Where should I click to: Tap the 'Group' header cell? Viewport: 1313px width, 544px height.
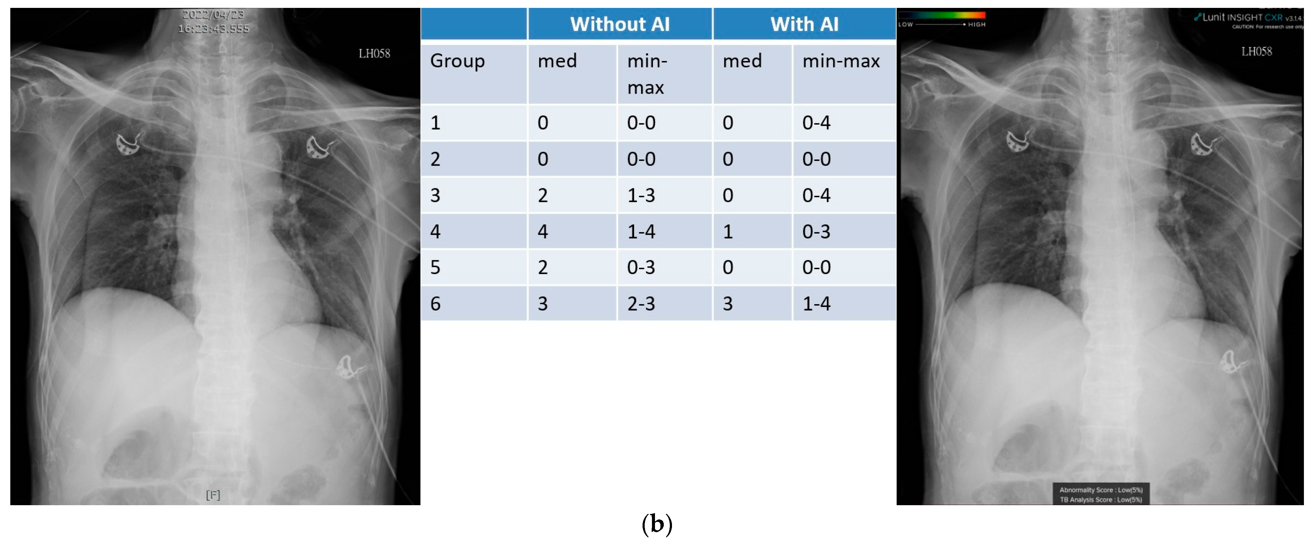(457, 61)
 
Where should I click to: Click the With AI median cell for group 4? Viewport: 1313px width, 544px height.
(727, 231)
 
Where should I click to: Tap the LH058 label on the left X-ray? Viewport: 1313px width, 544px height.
(374, 54)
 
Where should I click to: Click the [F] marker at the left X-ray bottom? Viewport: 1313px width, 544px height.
(213, 495)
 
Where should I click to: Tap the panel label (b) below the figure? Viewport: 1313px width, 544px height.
(656, 524)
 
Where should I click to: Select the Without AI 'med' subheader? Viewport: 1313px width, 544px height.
(557, 61)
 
